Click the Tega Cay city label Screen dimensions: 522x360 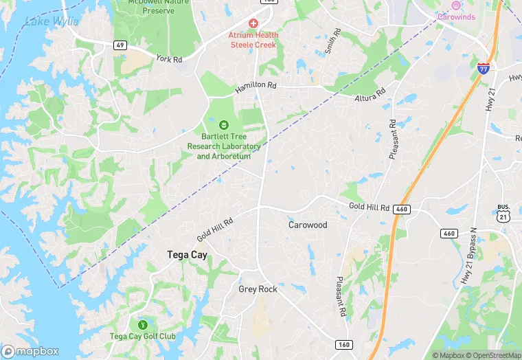187,255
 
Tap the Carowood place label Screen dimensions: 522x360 307,225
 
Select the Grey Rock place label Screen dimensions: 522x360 258,289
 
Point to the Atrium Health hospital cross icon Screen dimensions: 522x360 253,23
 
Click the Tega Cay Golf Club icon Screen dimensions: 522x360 143,324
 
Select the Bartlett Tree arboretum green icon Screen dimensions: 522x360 223,124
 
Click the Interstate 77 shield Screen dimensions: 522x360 484,67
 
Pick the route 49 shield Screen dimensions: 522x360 119,45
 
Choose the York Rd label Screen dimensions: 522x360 169,59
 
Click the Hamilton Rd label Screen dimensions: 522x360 256,88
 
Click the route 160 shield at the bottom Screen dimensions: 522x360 344,344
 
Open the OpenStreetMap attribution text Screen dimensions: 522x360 492,355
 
